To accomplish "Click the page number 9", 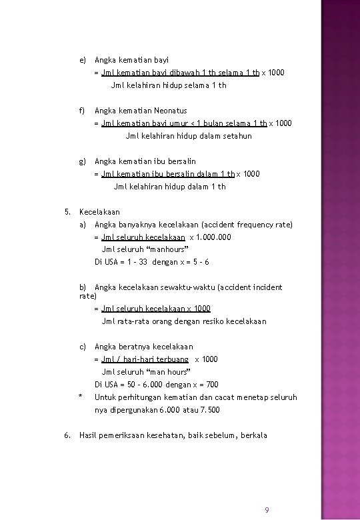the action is pyautogui.click(x=267, y=510).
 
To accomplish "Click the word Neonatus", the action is pyautogui.click(x=169, y=111).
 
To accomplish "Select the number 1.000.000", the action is pyautogui.click(x=217, y=237).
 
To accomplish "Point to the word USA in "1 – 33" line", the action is pyautogui.click(x=110, y=263).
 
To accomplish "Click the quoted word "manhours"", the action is pyautogui.click(x=159, y=250).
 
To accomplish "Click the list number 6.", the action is pyautogui.click(x=67, y=435).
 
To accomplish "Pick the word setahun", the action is pyautogui.click(x=235, y=136).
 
